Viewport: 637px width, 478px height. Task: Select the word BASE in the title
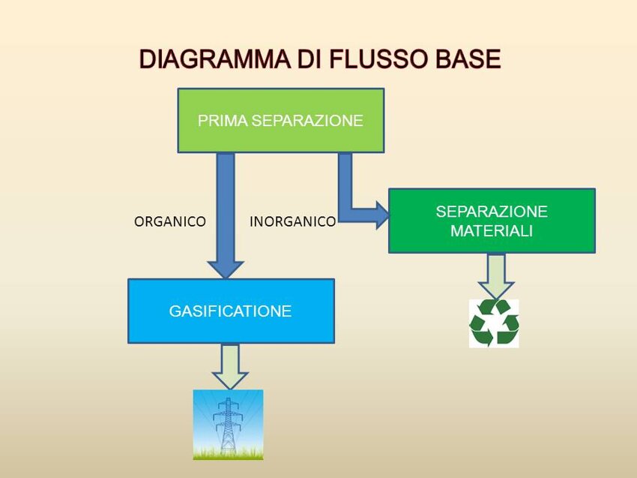point(465,60)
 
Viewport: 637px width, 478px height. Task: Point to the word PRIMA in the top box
point(223,121)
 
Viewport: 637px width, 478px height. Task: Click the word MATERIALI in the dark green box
point(492,231)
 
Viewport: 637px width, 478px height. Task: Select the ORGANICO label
point(169,222)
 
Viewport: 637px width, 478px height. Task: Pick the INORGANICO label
point(292,222)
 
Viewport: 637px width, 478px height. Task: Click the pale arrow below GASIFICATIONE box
point(230,365)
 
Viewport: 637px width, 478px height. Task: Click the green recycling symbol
point(494,323)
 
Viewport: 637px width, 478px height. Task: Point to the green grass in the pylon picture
point(228,453)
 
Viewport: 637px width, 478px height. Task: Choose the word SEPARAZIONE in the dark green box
point(492,212)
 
